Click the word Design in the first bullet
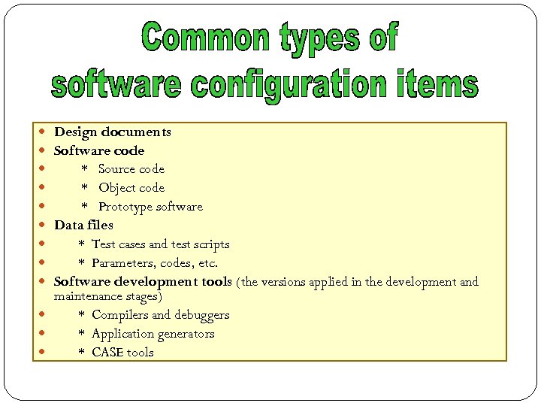[x=76, y=132]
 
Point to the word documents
[x=136, y=132]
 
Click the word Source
[x=117, y=169]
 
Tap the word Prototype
[x=124, y=207]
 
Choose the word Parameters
[x=124, y=263]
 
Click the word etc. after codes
[x=207, y=263]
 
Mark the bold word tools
[x=216, y=282]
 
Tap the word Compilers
[x=120, y=315]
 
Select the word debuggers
[x=201, y=315]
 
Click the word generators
[x=184, y=334]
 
